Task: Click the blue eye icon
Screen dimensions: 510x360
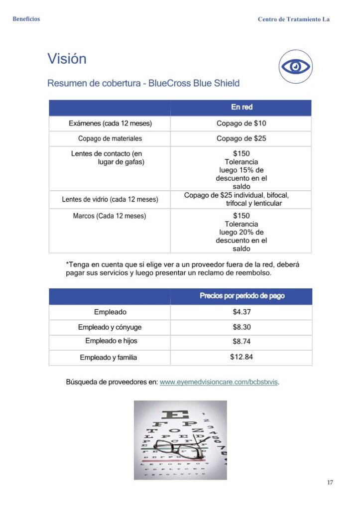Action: pos(295,66)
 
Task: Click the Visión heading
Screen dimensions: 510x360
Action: pos(67,59)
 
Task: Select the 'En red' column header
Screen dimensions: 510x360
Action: pos(241,107)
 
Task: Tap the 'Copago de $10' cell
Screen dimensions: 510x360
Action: pos(241,124)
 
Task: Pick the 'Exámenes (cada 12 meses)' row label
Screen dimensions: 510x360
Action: pos(110,124)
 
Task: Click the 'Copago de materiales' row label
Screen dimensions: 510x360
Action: pos(110,138)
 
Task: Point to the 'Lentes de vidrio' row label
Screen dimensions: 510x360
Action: pos(110,199)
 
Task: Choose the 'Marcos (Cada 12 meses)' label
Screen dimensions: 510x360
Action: pos(110,216)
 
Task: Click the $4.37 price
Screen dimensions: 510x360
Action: pos(241,312)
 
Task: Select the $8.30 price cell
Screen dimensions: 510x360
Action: pos(241,327)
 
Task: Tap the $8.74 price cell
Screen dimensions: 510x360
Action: pos(241,342)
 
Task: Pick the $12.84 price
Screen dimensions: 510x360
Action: pos(241,357)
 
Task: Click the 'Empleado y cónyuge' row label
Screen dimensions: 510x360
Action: pos(110,327)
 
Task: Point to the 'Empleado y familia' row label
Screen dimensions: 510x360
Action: pos(109,358)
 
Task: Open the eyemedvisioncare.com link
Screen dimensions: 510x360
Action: pos(219,382)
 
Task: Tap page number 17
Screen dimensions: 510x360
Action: pos(330,482)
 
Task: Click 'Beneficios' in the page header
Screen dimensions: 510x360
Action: pos(26,19)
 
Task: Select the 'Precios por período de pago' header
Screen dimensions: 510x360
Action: pos(242,296)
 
